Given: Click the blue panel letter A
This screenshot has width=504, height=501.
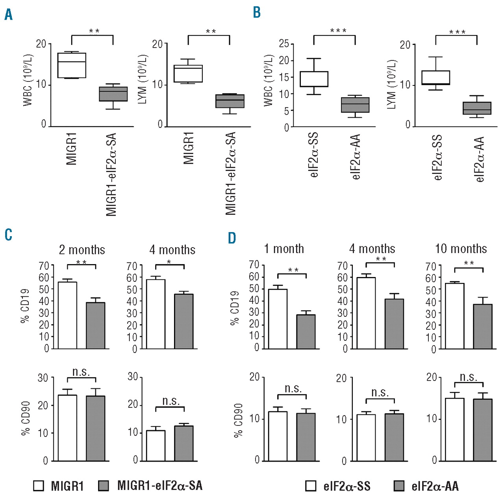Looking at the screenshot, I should [x=8, y=15].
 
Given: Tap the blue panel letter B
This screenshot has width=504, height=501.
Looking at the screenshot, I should [x=257, y=12].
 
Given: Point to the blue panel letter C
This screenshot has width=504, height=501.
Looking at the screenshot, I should [x=8, y=235].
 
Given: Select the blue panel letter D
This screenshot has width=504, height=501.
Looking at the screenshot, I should [x=232, y=238].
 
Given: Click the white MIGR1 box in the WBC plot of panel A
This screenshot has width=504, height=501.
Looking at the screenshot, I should [x=72, y=65].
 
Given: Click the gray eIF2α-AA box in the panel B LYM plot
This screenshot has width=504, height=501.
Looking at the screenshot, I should [x=477, y=108].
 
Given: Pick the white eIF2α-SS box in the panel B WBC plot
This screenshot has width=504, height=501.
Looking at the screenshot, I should [x=314, y=79].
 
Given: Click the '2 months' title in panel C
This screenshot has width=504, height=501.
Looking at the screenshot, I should [x=82, y=250].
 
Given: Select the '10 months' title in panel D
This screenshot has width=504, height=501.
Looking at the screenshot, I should [x=461, y=249].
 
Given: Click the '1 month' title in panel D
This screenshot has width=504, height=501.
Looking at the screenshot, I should [x=284, y=249].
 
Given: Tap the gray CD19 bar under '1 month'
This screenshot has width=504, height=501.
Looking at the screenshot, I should [x=306, y=332].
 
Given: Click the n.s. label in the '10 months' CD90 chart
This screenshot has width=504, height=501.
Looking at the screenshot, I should [x=469, y=377].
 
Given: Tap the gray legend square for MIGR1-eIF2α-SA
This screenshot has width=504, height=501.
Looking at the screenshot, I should [x=103, y=486].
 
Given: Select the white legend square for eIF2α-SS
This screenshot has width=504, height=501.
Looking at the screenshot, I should [x=311, y=486].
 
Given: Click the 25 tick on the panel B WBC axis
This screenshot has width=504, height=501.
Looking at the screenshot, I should [x=284, y=44].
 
